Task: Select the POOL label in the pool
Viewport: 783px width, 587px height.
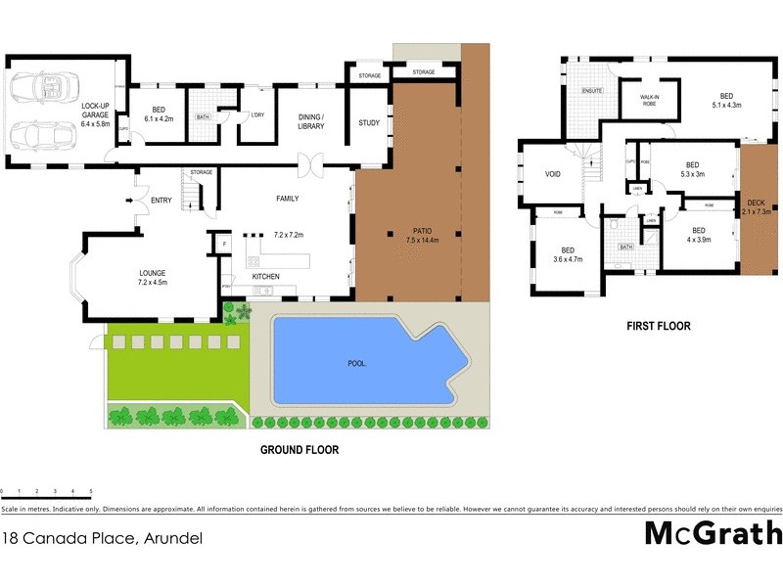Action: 357,363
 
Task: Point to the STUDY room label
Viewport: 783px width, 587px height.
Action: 369,122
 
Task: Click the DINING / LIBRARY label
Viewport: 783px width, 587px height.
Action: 310,121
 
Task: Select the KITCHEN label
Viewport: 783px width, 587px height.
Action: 265,277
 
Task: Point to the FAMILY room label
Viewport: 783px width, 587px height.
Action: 287,199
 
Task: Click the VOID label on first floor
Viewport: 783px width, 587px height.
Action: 552,175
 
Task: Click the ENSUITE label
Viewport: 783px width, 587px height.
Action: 592,91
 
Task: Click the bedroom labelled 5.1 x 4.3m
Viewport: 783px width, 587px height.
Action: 726,100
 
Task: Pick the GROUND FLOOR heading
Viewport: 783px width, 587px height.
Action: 299,450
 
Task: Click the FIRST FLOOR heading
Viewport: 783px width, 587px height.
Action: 659,326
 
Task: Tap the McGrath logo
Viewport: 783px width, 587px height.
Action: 714,534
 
